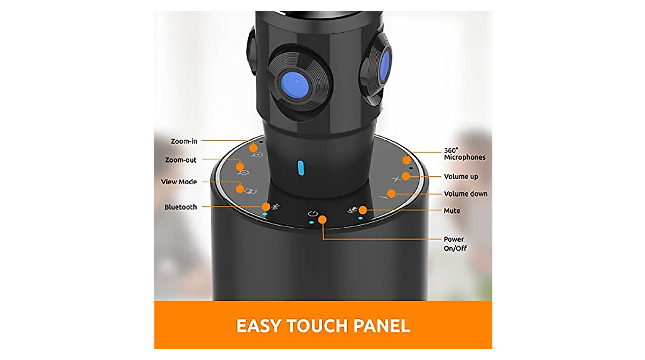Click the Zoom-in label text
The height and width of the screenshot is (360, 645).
tap(184, 141)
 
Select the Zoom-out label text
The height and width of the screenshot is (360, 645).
tap(181, 160)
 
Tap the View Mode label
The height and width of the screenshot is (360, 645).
tap(179, 182)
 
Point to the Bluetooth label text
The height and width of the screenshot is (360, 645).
tap(181, 207)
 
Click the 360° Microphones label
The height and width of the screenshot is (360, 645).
tap(464, 154)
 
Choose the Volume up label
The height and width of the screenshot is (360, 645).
tap(461, 176)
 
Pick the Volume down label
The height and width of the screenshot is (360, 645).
tap(465, 193)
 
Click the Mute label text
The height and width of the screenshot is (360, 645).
tap(451, 211)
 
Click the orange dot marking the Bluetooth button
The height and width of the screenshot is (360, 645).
tap(266, 206)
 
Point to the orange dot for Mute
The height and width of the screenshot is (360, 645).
tap(363, 210)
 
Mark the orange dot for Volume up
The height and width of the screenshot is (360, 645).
tap(406, 176)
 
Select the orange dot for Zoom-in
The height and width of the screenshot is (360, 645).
tap(253, 147)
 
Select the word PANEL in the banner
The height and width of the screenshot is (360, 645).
tap(383, 326)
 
